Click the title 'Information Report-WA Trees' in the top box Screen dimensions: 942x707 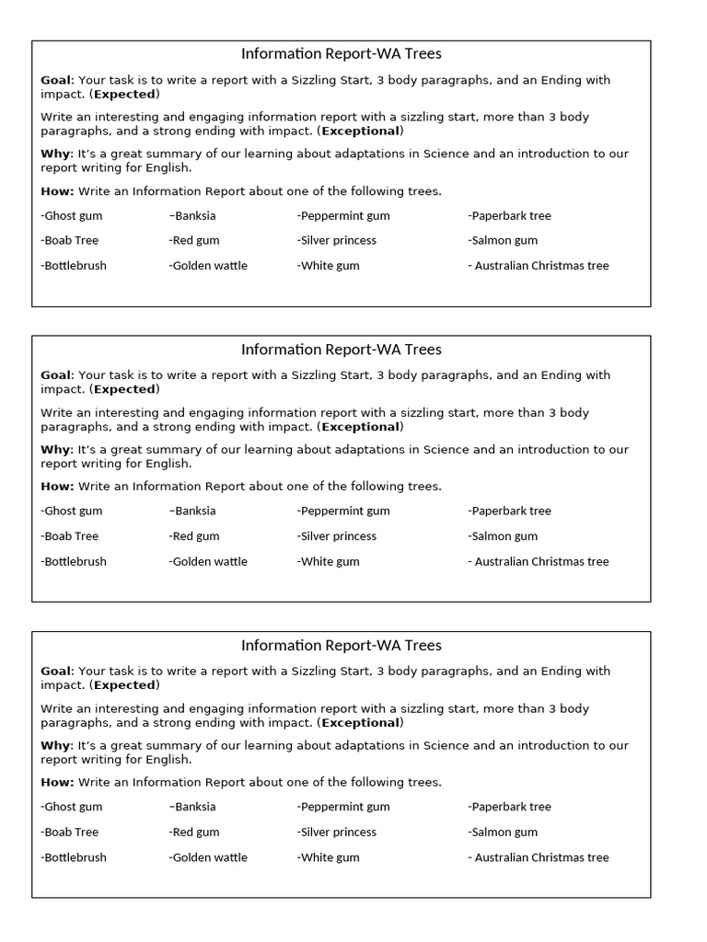click(341, 54)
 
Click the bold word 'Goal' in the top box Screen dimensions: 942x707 click(55, 80)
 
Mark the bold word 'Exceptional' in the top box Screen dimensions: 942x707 click(360, 131)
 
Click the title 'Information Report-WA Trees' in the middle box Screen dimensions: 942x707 click(341, 350)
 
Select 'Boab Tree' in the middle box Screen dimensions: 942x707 click(70, 536)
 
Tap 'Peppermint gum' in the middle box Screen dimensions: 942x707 click(343, 511)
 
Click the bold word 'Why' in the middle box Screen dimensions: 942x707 click(55, 450)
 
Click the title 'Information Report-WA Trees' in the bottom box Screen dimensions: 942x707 click(341, 646)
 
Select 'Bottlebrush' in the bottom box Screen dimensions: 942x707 click(74, 857)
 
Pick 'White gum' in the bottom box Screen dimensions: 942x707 click(329, 857)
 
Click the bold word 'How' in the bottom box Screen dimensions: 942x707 click(55, 783)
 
